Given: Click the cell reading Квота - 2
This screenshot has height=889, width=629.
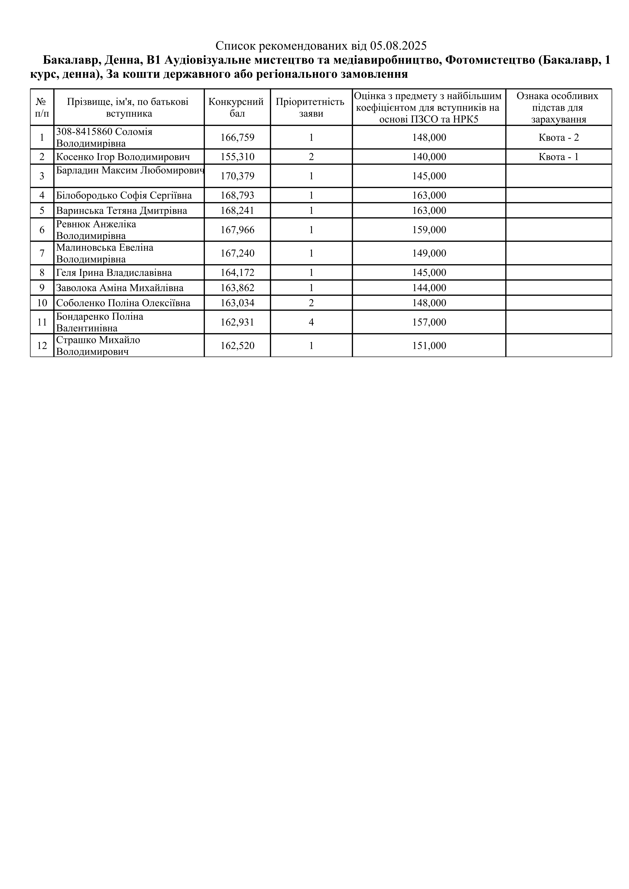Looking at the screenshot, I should pyautogui.click(x=558, y=137).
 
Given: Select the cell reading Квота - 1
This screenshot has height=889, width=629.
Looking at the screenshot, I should pyautogui.click(x=558, y=157).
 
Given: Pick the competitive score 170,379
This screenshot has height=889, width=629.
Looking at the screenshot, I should pyautogui.click(x=237, y=176).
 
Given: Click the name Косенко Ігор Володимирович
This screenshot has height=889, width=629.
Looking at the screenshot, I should pyautogui.click(x=123, y=157).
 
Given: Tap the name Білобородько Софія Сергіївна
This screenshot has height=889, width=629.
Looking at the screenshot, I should pyautogui.click(x=124, y=195).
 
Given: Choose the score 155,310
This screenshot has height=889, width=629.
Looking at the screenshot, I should pyautogui.click(x=237, y=157).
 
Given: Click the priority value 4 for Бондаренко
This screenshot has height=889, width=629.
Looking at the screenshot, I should pyautogui.click(x=311, y=322).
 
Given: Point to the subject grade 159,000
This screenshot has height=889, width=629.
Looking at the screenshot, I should pyautogui.click(x=429, y=230).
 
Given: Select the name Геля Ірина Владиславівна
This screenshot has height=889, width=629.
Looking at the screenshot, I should pyautogui.click(x=114, y=273).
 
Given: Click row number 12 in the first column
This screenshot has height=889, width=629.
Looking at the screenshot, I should pyautogui.click(x=42, y=345).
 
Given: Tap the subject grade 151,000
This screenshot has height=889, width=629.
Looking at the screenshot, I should pyautogui.click(x=429, y=345).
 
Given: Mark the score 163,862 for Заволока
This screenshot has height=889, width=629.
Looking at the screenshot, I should pyautogui.click(x=237, y=288).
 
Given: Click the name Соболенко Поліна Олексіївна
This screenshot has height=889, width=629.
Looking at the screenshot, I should pyautogui.click(x=123, y=303).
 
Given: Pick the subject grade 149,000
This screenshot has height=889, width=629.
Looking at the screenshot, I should pyautogui.click(x=429, y=253).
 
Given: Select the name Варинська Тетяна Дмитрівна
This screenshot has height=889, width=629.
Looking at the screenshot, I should pyautogui.click(x=122, y=211).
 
